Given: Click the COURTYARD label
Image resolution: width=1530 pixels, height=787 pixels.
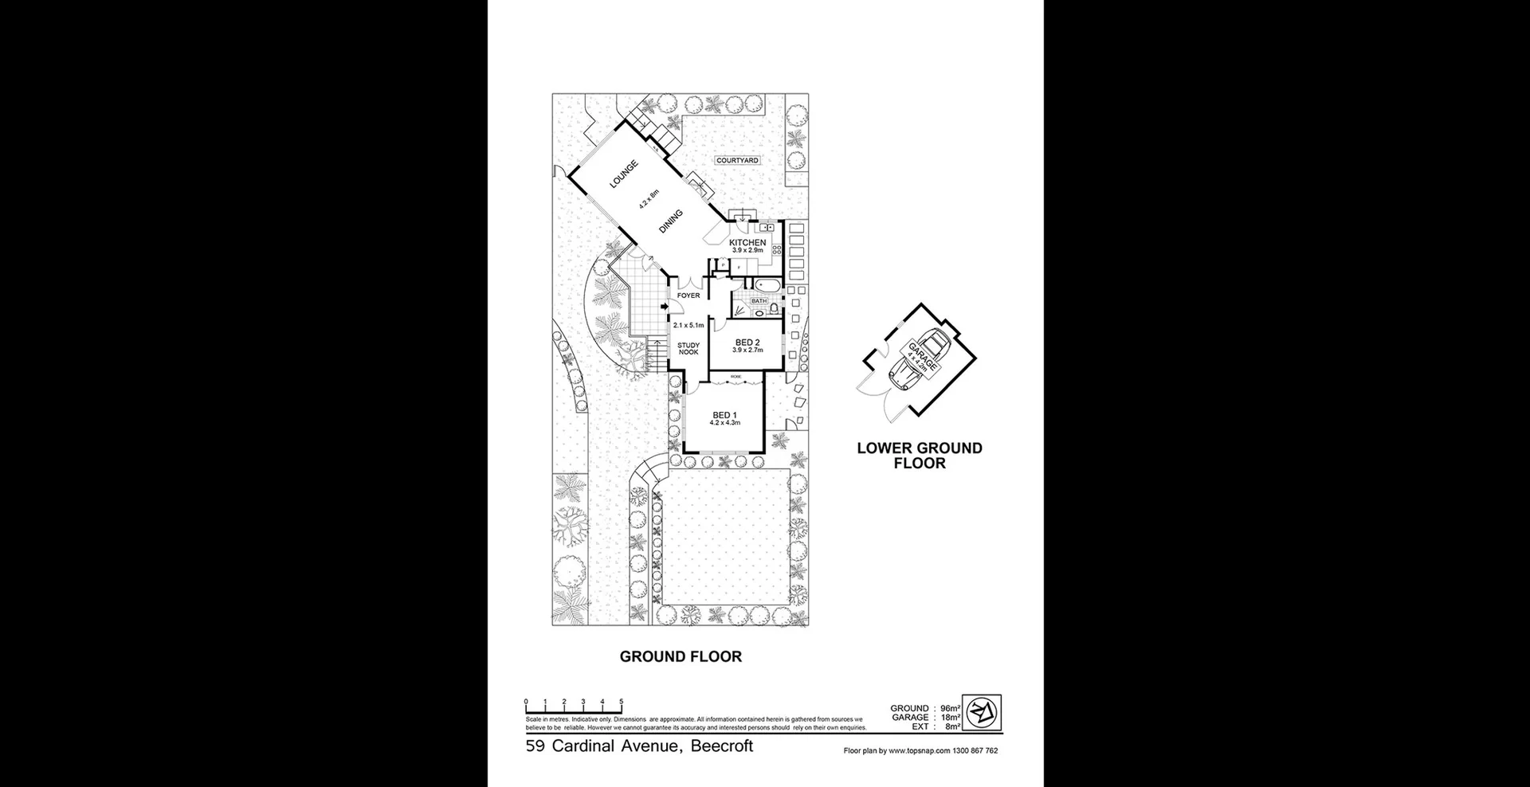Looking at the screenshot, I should [x=737, y=160].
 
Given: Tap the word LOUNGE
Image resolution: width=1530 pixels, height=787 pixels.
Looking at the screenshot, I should [x=624, y=175].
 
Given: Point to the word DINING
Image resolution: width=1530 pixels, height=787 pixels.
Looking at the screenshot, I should [x=671, y=221].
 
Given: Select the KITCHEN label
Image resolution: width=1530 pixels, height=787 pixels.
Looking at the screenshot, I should [x=747, y=242].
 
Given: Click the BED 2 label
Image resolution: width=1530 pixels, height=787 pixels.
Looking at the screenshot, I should [x=747, y=343].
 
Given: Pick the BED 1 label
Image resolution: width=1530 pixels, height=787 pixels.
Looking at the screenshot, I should [x=724, y=415].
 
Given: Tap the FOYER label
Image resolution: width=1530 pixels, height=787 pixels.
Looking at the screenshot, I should [x=688, y=296].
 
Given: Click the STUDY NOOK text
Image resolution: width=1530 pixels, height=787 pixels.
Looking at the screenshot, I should [x=688, y=349].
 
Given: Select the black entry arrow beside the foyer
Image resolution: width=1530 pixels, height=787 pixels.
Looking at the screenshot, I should [x=664, y=307].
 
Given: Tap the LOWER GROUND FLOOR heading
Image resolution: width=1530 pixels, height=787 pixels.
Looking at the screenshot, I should [x=920, y=456].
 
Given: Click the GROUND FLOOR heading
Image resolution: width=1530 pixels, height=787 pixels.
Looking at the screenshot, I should [x=681, y=656].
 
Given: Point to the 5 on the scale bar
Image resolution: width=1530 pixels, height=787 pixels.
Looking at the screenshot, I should [x=622, y=702].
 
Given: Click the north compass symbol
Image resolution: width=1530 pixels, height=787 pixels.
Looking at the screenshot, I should [x=983, y=711].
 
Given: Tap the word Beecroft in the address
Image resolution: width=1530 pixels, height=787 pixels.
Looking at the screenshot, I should [x=721, y=746].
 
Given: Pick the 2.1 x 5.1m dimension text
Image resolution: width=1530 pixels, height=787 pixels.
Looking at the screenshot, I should [x=688, y=325].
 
